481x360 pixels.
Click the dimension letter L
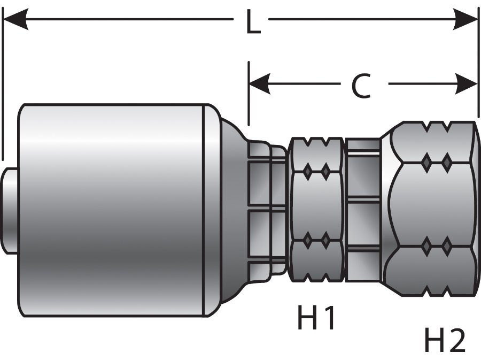click(x=252, y=22)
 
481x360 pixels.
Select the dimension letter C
click(x=361, y=86)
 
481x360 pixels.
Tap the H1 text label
click(x=316, y=319)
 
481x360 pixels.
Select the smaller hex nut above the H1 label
click(x=316, y=209)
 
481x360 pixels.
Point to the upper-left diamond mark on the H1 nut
click(x=308, y=171)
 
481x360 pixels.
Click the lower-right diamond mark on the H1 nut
click(x=325, y=242)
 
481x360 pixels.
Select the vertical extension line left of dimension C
click(x=249, y=94)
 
